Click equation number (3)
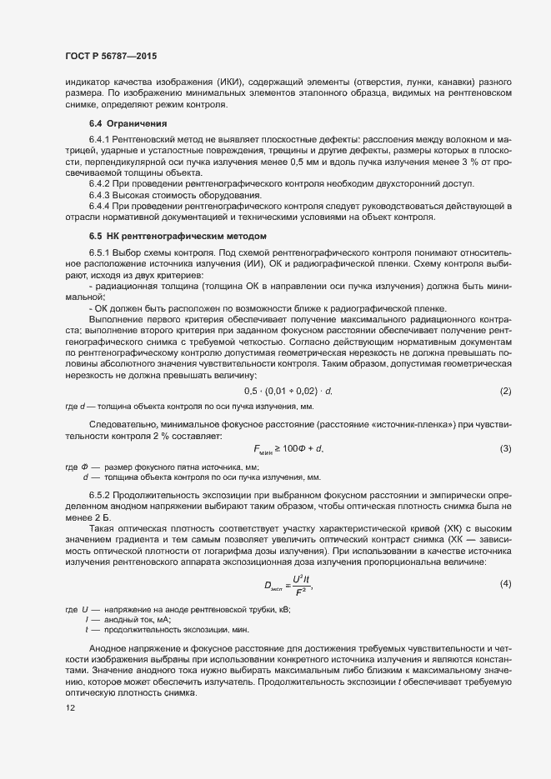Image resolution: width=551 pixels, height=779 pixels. [505, 449]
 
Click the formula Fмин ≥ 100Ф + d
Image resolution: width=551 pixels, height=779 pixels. [288, 450]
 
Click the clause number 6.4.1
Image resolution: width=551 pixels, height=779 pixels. [99, 138]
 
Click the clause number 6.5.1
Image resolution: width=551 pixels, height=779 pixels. [99, 252]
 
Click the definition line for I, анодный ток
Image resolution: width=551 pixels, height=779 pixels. [133, 620]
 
